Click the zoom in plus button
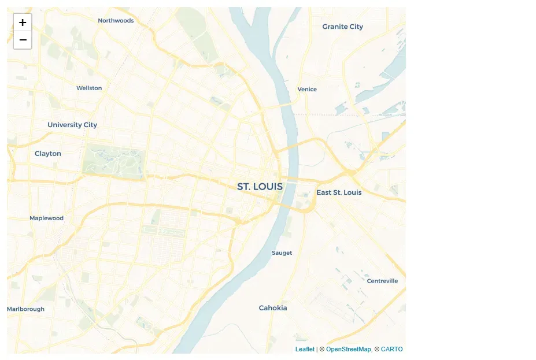tap(23, 23)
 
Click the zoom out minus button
tap(23, 40)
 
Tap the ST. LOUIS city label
tap(260, 187)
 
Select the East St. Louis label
tap(339, 192)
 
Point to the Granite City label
tap(342, 27)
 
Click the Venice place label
tap(307, 89)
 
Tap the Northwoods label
tap(116, 21)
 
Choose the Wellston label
tap(89, 88)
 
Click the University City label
tap(72, 125)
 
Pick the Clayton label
tap(47, 154)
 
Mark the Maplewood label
tap(46, 218)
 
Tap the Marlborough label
tap(25, 309)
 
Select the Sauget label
tap(282, 253)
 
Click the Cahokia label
tap(273, 308)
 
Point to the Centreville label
tap(382, 281)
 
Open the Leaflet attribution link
tap(305, 349)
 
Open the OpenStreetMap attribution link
tap(348, 349)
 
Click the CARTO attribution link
tap(391, 349)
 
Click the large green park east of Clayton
tap(113, 160)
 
